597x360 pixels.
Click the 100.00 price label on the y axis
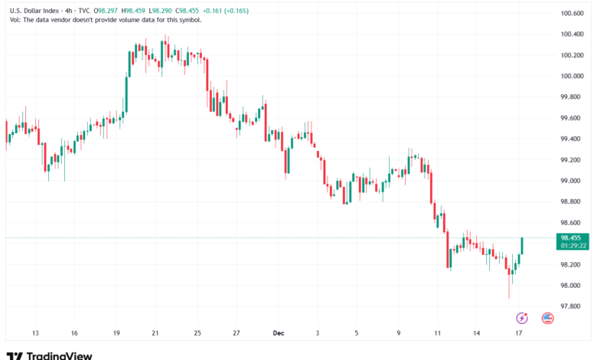click(574, 76)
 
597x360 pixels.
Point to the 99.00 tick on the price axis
click(573, 181)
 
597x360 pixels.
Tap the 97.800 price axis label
click(574, 306)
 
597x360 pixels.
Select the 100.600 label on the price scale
click(574, 13)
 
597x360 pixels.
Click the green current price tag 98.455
click(573, 238)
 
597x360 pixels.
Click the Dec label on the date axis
click(279, 333)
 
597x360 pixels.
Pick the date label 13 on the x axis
click(35, 333)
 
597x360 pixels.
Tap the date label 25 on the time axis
click(197, 333)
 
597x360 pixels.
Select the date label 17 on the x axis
click(518, 333)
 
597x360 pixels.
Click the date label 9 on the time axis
click(399, 333)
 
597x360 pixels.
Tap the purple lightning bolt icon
click(522, 317)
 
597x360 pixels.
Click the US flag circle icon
click(547, 317)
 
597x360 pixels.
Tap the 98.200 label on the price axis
click(574, 264)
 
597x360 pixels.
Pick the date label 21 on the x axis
click(155, 333)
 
